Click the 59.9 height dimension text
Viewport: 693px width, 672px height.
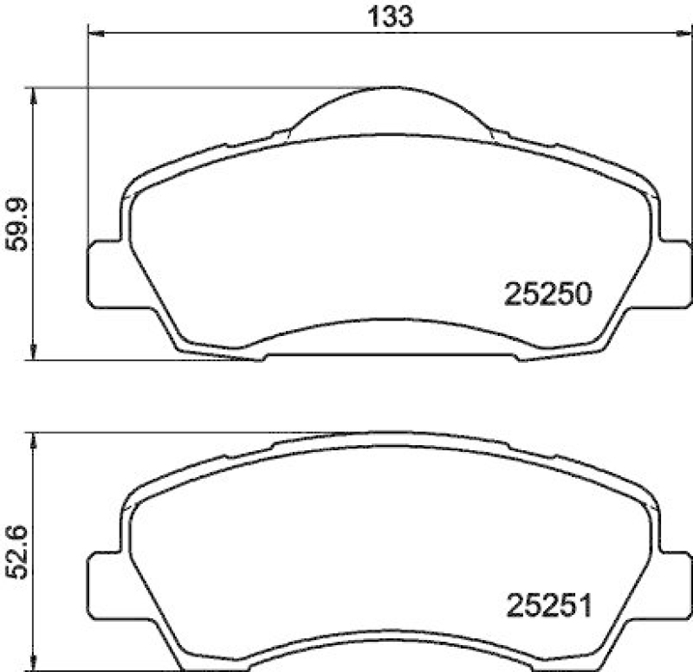(19, 223)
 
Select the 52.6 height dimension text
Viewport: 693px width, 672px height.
(19, 554)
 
